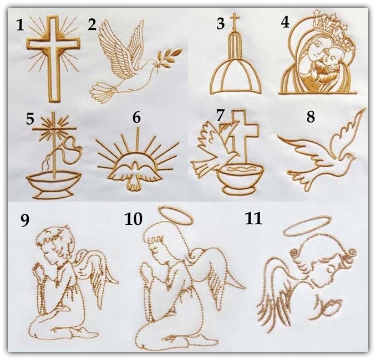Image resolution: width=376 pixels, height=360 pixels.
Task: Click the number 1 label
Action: (x=20, y=25)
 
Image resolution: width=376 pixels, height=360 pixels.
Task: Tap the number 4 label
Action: (x=286, y=23)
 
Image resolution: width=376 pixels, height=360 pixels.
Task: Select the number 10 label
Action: (x=134, y=219)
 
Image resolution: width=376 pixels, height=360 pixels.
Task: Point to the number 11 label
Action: (x=253, y=218)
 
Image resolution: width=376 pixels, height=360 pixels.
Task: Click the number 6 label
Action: (x=136, y=117)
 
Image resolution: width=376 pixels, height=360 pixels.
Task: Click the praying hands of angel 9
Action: (x=41, y=272)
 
